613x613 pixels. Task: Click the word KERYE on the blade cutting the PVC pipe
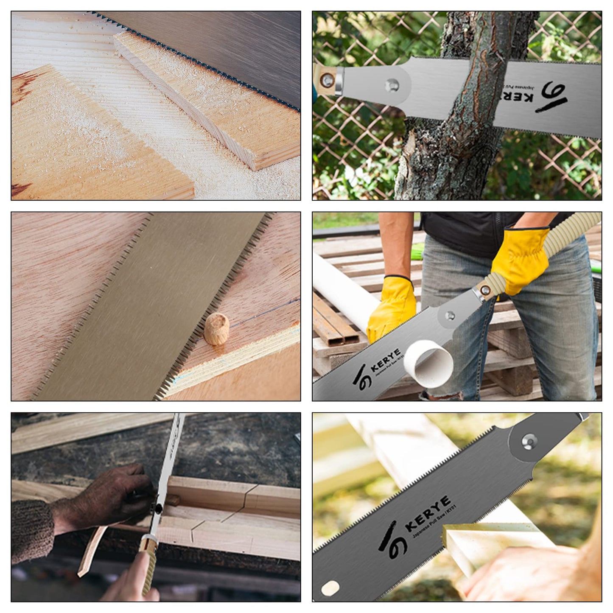coord(385,360)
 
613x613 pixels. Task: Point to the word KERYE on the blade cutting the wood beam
coord(428,513)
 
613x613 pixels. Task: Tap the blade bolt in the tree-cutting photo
coord(392,85)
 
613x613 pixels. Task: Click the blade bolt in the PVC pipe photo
coord(450,315)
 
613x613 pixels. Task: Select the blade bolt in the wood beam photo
coord(528,441)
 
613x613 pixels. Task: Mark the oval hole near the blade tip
coord(330,588)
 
